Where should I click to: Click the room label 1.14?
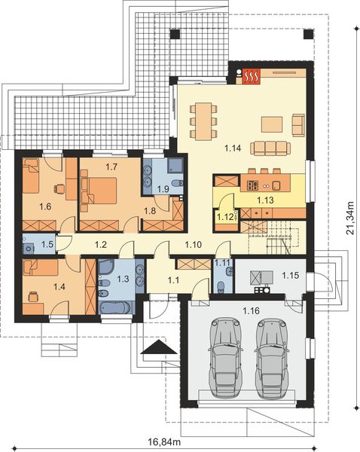click(233, 148)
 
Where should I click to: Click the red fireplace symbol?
click(251, 75)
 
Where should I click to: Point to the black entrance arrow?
click(157, 347)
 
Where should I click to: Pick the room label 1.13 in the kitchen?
click(264, 200)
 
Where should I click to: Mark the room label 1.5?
click(47, 244)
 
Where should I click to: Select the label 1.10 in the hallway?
click(194, 245)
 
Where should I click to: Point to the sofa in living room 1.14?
click(270, 146)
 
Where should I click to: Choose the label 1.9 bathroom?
click(163, 189)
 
